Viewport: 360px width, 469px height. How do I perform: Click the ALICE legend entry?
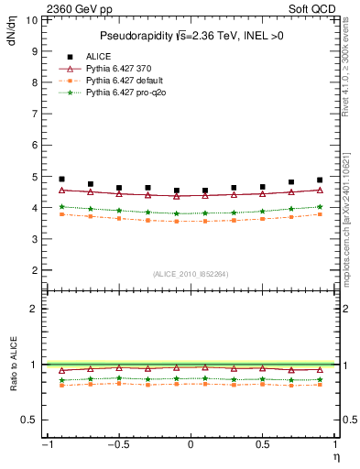(100, 56)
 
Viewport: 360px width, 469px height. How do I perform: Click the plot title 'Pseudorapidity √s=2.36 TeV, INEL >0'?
(190, 37)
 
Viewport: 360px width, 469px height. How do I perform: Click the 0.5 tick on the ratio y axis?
(29, 420)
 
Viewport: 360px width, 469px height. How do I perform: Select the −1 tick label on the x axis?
(46, 445)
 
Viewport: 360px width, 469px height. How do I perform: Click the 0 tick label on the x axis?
(191, 445)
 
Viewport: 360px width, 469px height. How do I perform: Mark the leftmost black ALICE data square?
(61, 180)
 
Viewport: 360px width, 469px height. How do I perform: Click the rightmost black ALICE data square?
(320, 180)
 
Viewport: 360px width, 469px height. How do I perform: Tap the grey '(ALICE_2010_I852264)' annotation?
(191, 273)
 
